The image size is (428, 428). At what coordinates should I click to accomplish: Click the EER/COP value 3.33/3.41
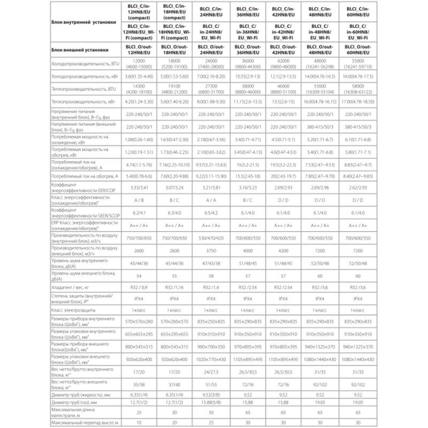click(139, 188)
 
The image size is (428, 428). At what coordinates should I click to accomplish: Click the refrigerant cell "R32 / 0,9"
click(139, 288)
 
